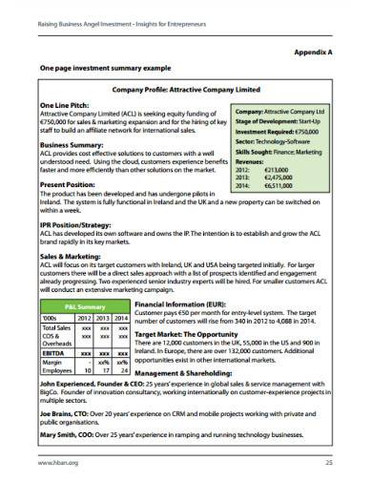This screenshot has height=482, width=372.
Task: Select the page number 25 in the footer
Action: (x=327, y=463)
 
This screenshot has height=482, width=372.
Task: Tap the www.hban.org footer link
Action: (x=56, y=463)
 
